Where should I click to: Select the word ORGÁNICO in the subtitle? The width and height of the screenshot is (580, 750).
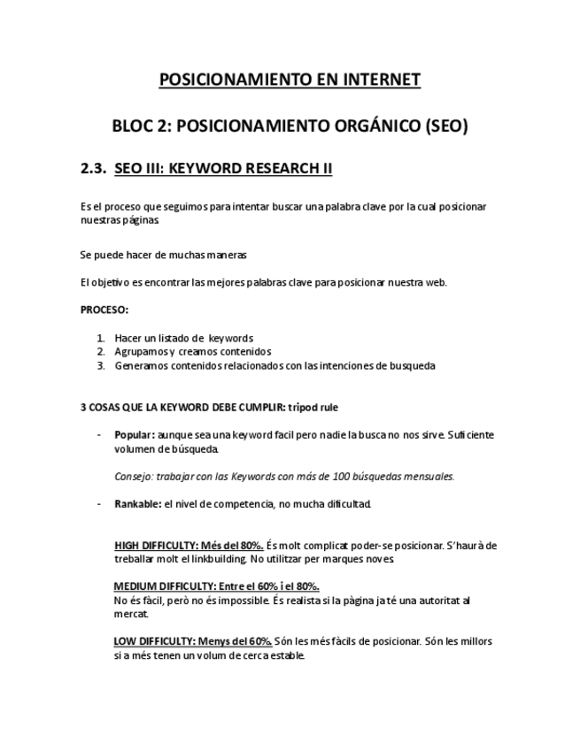click(x=363, y=126)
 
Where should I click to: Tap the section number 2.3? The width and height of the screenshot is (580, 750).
click(x=93, y=168)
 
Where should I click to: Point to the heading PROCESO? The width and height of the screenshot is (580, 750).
click(x=104, y=310)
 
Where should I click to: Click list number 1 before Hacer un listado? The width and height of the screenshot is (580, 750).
click(x=100, y=338)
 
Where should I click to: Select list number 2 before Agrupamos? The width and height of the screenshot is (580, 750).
click(x=100, y=351)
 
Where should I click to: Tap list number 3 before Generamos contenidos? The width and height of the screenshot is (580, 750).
click(x=100, y=365)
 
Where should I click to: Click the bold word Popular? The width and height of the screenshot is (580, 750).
click(x=135, y=435)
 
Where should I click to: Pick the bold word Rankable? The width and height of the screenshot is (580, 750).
click(x=137, y=504)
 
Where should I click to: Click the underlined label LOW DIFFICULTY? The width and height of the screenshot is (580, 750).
click(x=155, y=641)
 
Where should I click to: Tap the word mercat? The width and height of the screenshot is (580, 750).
click(x=129, y=614)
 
